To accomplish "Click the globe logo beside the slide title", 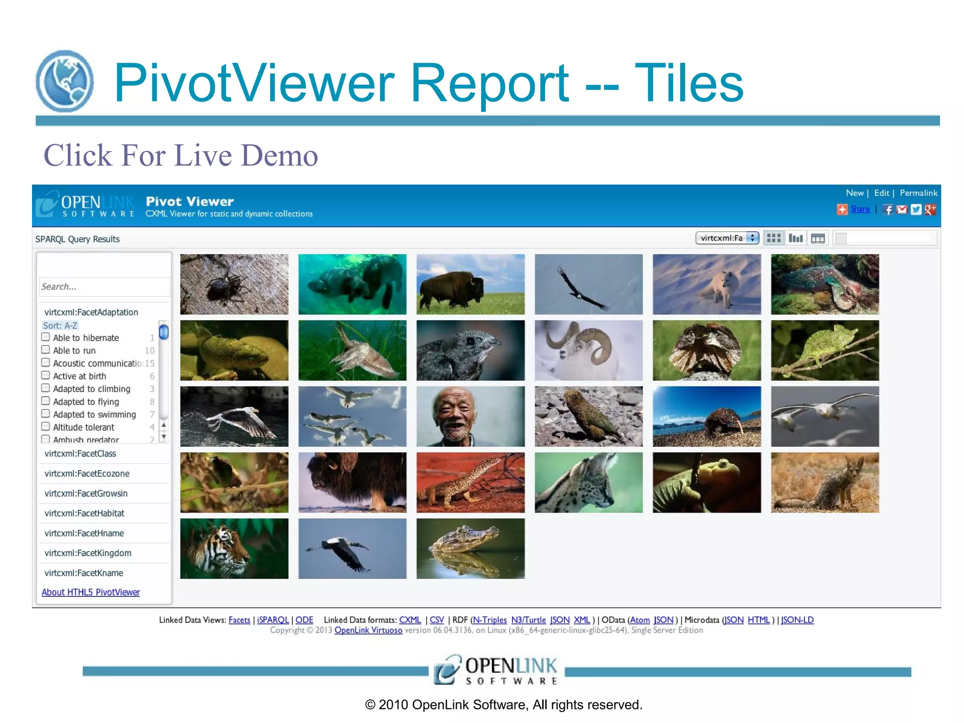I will [65, 81].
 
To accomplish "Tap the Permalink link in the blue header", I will [918, 193].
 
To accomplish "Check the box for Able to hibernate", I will [46, 337].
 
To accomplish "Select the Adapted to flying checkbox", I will [46, 401].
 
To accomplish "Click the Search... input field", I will [104, 287].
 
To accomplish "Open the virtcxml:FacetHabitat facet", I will [85, 513].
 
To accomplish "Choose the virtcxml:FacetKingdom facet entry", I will [88, 553].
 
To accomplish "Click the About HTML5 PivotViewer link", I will [91, 592].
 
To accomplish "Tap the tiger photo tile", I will [234, 548].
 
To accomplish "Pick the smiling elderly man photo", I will [470, 417].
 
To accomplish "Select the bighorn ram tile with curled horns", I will [588, 350].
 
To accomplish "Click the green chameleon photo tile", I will [825, 350].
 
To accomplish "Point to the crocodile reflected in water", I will [470, 548].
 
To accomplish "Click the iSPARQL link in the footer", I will [273, 620].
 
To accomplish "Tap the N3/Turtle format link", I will [529, 620].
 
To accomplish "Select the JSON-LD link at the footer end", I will [797, 620].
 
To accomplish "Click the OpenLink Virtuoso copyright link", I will [369, 630].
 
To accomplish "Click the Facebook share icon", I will [888, 209].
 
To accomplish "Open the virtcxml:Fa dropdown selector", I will [727, 238].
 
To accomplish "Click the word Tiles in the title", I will [689, 84].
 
